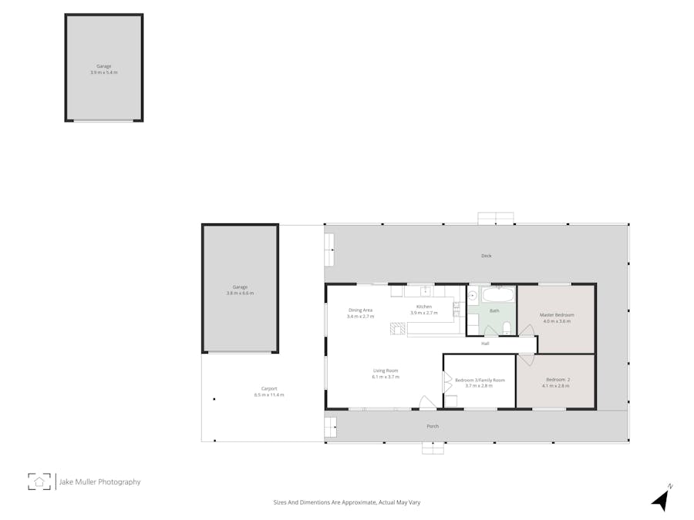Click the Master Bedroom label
556,315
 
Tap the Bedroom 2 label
557,380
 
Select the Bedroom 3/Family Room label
480,380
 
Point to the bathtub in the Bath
497,295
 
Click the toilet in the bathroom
507,329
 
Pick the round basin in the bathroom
473,295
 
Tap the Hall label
485,344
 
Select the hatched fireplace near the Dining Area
397,329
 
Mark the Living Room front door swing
427,402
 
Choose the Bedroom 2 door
526,360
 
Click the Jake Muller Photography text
100,482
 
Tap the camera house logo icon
39,481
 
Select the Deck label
486,256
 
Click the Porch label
433,426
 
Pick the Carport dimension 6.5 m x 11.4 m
269,394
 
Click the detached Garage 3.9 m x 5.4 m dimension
104,72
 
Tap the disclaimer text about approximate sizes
346,502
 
